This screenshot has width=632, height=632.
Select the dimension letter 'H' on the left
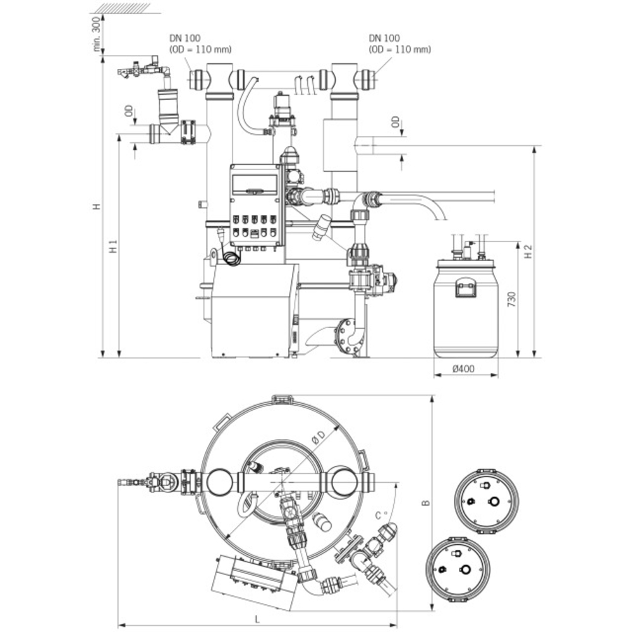point(96,207)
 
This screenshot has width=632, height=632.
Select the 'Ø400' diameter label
point(466,369)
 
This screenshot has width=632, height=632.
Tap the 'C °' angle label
point(380,515)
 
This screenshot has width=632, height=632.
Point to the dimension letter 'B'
point(426,504)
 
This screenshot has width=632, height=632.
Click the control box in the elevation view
point(255,204)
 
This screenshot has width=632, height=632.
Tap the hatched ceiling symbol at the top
point(121,8)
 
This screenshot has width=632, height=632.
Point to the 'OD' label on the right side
point(396,122)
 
